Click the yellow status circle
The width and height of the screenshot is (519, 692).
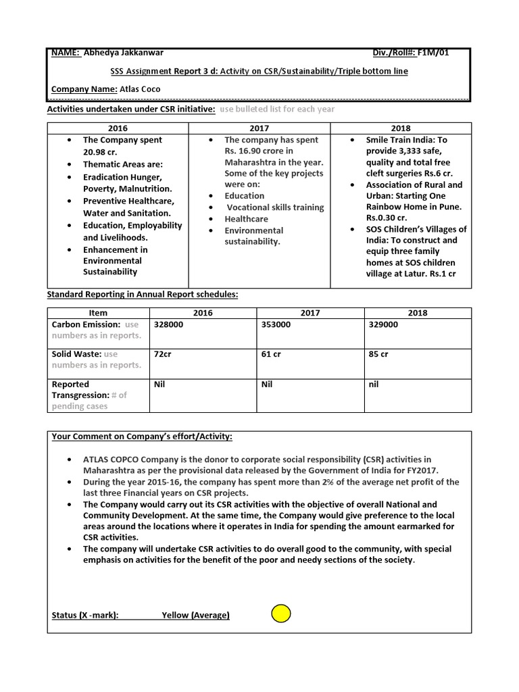[280, 614]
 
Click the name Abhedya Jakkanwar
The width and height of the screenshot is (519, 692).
[122, 53]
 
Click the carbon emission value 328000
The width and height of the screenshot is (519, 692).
[168, 324]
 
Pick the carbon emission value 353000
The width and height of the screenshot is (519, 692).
[276, 324]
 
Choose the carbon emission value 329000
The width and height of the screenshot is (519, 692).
[383, 324]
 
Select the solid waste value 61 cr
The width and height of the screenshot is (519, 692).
[271, 354]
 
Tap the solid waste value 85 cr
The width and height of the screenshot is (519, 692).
[378, 354]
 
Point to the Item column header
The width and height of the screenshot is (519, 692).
[98, 313]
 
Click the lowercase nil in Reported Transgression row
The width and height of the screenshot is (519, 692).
[374, 384]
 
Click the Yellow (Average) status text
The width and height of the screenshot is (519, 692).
[195, 615]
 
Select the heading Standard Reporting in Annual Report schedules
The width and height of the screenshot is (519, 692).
[142, 295]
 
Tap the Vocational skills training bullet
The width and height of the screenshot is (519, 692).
[275, 207]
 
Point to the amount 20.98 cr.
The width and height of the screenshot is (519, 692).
[100, 152]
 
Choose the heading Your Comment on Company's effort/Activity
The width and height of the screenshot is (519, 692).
[147, 437]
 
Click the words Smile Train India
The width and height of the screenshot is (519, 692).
[396, 140]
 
